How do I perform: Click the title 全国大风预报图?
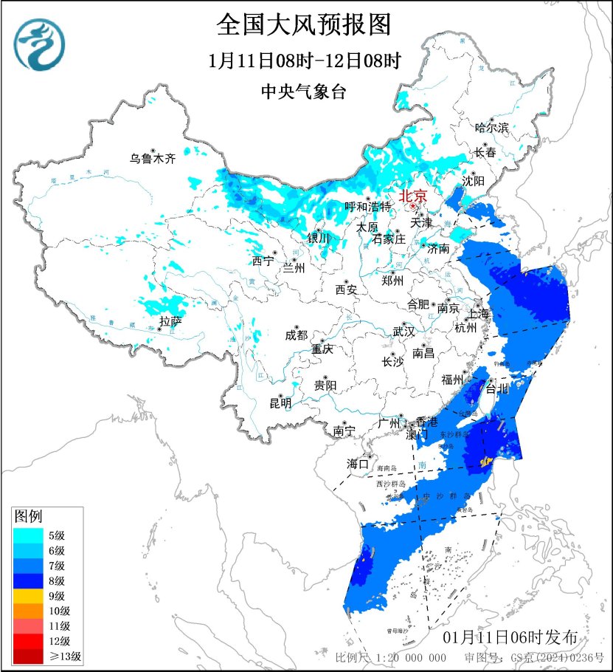[x=303, y=26]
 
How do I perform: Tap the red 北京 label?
[x=412, y=196]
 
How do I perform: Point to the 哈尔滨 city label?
[x=492, y=128]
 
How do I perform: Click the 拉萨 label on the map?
[x=170, y=321]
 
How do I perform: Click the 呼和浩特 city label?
[x=368, y=207]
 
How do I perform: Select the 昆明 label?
[x=280, y=402]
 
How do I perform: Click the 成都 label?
[x=296, y=335]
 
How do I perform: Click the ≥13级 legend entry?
[x=47, y=656]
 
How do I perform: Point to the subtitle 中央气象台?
[x=303, y=92]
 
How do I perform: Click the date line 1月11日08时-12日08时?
[x=303, y=61]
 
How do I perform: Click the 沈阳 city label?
[x=474, y=181]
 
